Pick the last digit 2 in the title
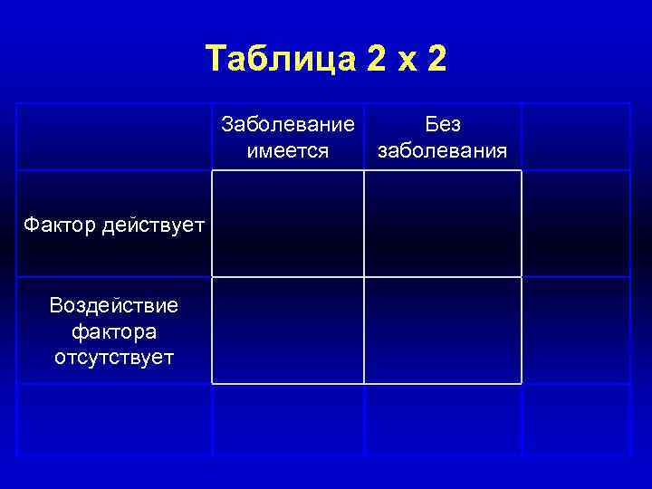pyautogui.click(x=435, y=60)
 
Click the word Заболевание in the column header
pyautogui.click(x=287, y=125)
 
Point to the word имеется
pyautogui.click(x=287, y=149)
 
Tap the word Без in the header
pyautogui.click(x=443, y=125)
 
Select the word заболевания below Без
pyautogui.click(x=443, y=149)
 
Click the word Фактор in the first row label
pyautogui.click(x=58, y=223)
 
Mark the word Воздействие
pyautogui.click(x=113, y=305)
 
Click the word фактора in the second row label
pyautogui.click(x=113, y=331)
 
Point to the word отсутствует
pyautogui.click(x=113, y=356)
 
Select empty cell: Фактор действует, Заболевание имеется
pyautogui.click(x=288, y=223)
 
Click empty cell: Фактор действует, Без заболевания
pyautogui.click(x=443, y=223)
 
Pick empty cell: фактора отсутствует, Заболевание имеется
pyautogui.click(x=288, y=331)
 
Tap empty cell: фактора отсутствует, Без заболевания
pyautogui.click(x=443, y=331)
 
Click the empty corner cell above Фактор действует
pyautogui.click(x=114, y=137)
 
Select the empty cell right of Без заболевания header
pyautogui.click(x=575, y=137)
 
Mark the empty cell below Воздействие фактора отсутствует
pyautogui.click(x=114, y=418)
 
